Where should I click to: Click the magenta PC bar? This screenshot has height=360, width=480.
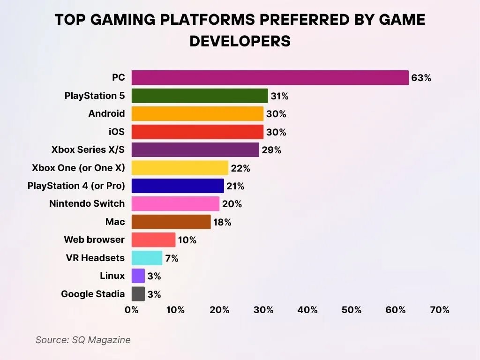tap(270, 78)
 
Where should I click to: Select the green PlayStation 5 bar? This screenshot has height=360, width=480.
tap(200, 96)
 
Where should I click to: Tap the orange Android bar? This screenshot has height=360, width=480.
tap(197, 114)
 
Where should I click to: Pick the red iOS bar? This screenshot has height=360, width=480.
tap(197, 132)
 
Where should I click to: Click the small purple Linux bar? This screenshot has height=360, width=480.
tap(138, 276)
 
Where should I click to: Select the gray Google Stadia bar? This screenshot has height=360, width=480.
tap(138, 294)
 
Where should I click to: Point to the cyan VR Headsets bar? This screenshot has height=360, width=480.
tap(147, 258)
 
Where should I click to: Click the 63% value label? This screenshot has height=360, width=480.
tap(421, 78)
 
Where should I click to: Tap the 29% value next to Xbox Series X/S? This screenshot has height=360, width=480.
tap(271, 150)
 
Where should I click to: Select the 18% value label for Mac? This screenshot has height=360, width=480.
tap(222, 222)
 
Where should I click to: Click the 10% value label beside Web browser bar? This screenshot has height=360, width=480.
tap(187, 240)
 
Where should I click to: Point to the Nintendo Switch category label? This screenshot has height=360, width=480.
tap(87, 203)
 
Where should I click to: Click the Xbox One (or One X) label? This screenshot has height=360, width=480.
tap(78, 168)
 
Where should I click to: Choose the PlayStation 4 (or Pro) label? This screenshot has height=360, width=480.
tap(76, 186)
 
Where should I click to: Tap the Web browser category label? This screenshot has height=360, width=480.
tap(94, 240)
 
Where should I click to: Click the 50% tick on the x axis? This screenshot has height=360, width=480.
tap(352, 310)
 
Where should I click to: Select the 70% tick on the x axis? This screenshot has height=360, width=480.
tap(440, 310)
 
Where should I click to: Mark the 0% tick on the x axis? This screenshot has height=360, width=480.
tap(132, 310)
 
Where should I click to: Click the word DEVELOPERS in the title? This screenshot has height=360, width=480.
tap(240, 41)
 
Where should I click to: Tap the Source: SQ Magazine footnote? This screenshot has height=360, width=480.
tap(83, 340)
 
